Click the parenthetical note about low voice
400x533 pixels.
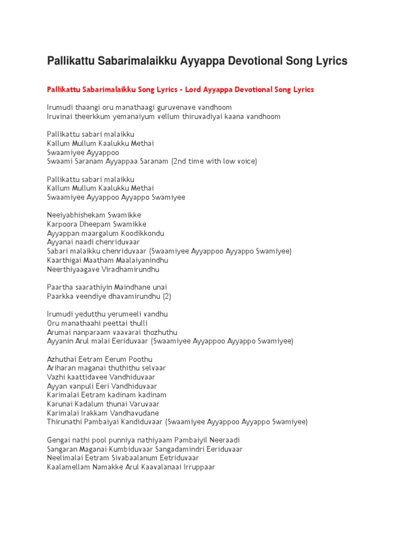pos(214,161)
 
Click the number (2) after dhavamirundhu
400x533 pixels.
pos(167,296)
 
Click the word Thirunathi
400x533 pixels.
pos(64,422)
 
